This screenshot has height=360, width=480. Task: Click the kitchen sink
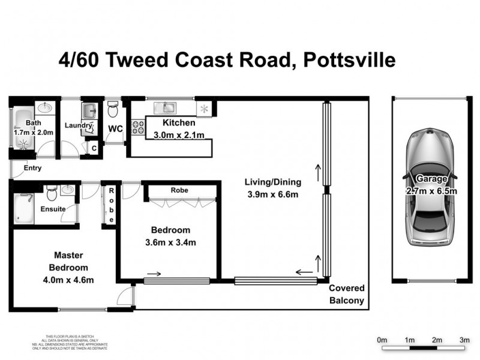[x=164, y=108]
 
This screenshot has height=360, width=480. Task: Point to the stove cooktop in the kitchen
[x=139, y=126]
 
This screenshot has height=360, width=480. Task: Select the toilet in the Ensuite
[x=52, y=194]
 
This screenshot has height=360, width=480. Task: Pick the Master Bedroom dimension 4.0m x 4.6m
[x=69, y=279]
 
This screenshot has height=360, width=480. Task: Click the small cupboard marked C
[x=93, y=147]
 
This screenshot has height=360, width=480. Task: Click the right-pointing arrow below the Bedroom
[x=153, y=274]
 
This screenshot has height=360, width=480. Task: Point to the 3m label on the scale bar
[x=464, y=340]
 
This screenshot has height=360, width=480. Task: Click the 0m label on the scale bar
[x=382, y=340]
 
